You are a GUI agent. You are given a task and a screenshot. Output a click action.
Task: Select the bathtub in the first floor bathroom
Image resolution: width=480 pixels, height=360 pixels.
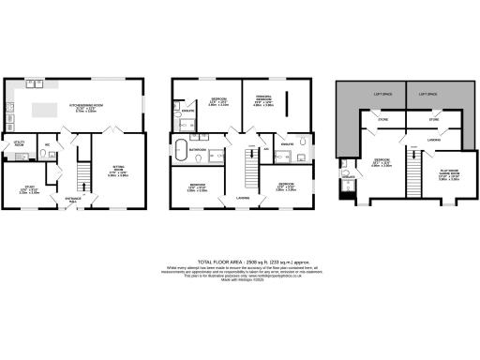pos(180,148)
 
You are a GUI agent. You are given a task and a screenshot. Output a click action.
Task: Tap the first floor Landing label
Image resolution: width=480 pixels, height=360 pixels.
pos(242,197)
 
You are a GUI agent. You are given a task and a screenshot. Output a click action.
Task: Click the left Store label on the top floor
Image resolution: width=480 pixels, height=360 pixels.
pos(382,120)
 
